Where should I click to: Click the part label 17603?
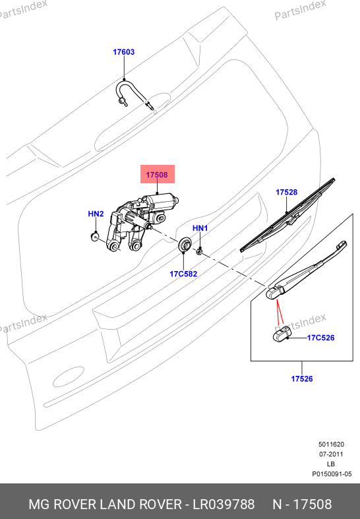tap(124, 52)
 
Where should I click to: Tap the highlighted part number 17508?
tap(157, 175)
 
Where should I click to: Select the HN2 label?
tap(96, 214)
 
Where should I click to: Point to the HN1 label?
tap(200, 228)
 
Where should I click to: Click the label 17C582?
tap(183, 274)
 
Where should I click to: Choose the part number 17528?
tap(287, 192)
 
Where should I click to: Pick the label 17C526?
tap(320, 338)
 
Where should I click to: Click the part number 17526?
tap(302, 379)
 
